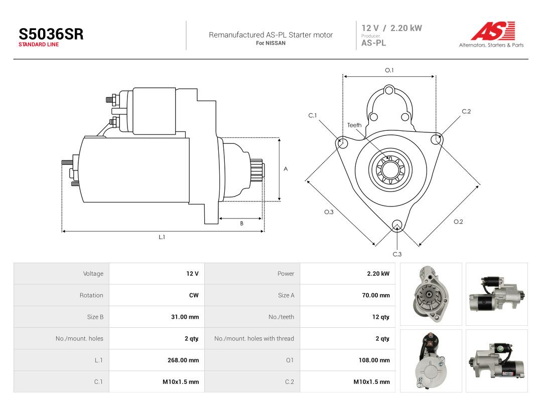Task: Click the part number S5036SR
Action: (51, 34)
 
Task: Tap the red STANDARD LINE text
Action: (38, 45)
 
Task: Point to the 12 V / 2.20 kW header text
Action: (391, 28)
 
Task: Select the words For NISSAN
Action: (270, 43)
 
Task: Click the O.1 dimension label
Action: (389, 70)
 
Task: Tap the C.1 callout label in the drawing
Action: (313, 115)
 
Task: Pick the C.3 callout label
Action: (397, 254)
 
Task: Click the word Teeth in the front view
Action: (354, 125)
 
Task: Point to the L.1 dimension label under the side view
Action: (162, 237)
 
